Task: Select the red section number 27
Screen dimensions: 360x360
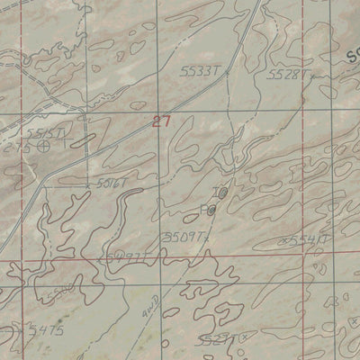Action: [x=160, y=121]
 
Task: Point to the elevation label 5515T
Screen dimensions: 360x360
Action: [x=45, y=133]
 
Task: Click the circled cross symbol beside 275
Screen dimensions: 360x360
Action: [x=42, y=145]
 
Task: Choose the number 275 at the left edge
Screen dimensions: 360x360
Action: [x=11, y=144]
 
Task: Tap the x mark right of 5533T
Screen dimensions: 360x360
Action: [x=228, y=69]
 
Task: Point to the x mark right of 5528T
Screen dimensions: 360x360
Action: [x=311, y=76]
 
